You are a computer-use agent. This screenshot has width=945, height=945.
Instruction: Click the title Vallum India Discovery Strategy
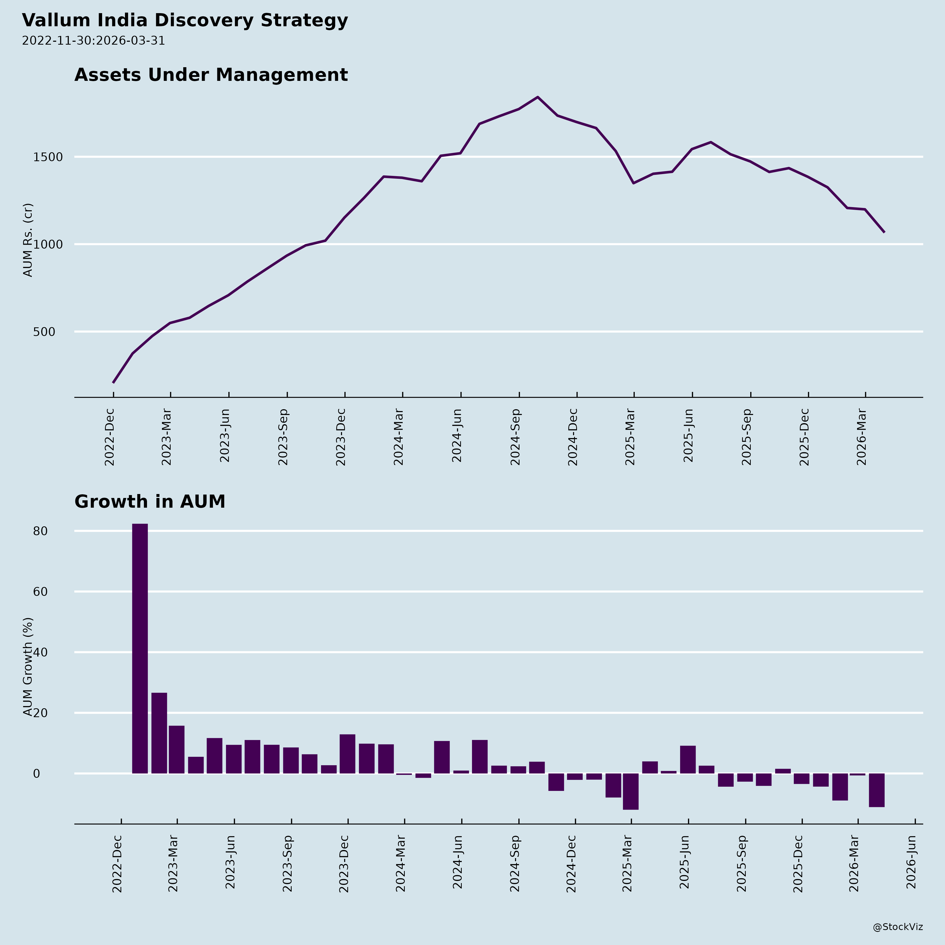pyautogui.click(x=185, y=20)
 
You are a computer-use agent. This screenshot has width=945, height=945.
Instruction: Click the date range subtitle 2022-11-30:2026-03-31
pyautogui.click(x=93, y=41)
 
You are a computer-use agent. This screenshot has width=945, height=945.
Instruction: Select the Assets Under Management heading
pyautogui.click(x=211, y=75)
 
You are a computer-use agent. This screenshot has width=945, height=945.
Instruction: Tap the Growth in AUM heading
pyautogui.click(x=150, y=502)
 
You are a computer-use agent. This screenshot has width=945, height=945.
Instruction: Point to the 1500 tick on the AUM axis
pyautogui.click(x=48, y=157)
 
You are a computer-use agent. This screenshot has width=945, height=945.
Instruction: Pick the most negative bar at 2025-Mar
pyautogui.click(x=631, y=791)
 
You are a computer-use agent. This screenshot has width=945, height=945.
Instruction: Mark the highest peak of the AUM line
pyautogui.click(x=538, y=97)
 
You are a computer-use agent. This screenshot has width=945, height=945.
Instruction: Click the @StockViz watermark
pyautogui.click(x=897, y=927)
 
